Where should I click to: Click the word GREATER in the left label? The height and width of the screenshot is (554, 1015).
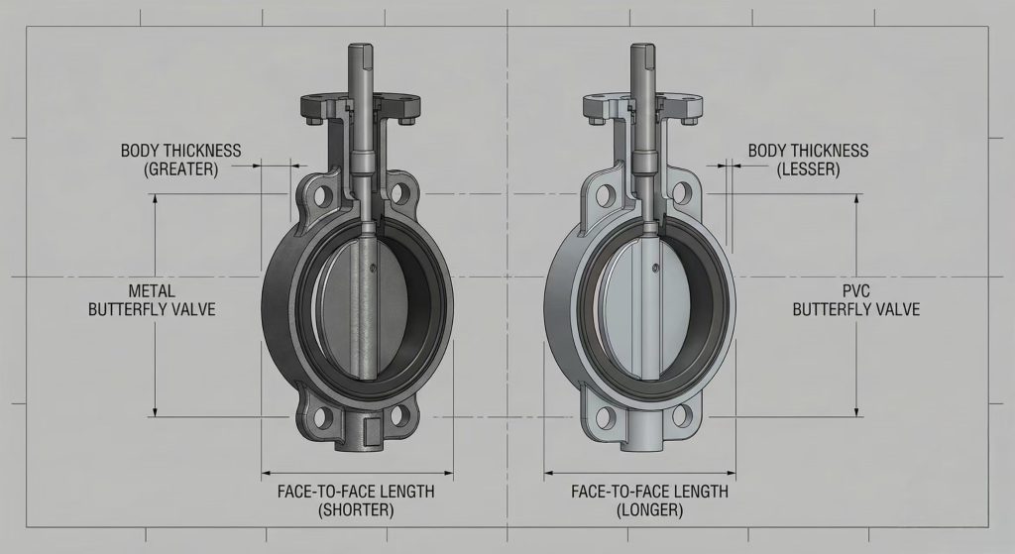tap(180, 168)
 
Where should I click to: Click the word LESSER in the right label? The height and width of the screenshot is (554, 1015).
tap(808, 168)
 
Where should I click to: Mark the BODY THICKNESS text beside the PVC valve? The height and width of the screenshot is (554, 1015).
tap(808, 151)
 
